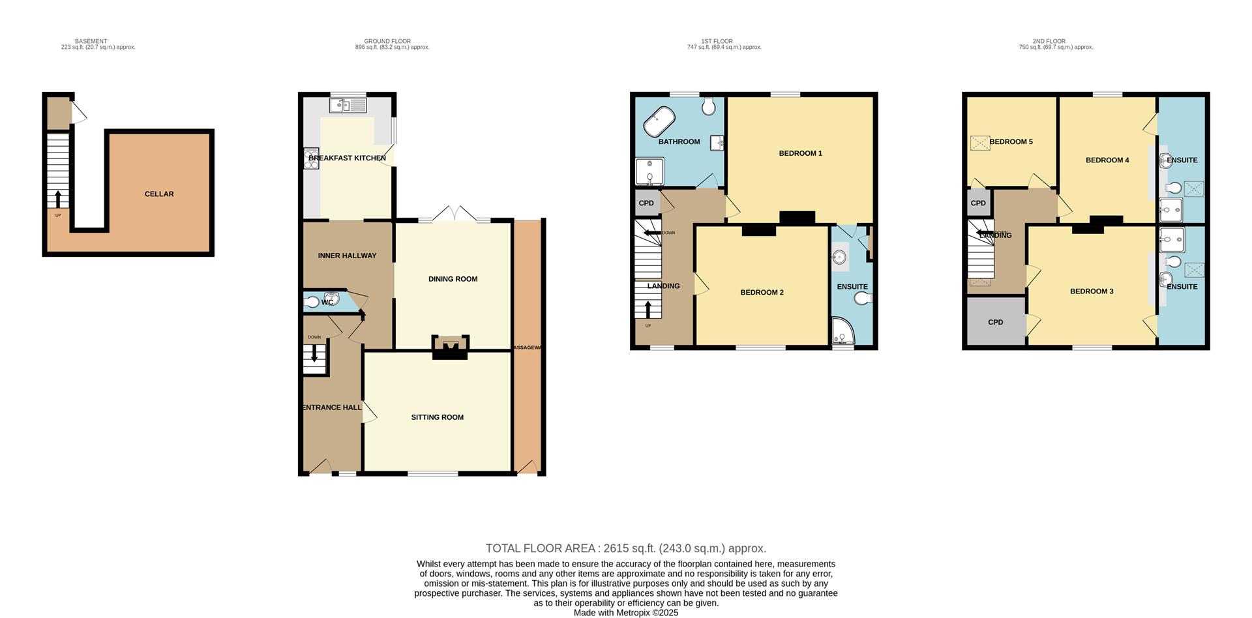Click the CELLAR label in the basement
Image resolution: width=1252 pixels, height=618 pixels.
pyautogui.click(x=159, y=194)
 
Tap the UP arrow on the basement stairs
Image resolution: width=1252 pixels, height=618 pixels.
pyautogui.click(x=58, y=198)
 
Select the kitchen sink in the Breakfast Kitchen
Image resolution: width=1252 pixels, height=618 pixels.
pyautogui.click(x=349, y=104)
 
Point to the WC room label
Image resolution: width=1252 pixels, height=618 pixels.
pyautogui.click(x=327, y=302)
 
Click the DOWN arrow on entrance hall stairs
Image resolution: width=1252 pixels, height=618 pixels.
pyautogui.click(x=315, y=353)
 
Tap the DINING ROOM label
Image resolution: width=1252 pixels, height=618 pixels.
pyautogui.click(x=453, y=279)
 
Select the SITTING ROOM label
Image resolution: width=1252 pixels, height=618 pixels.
pyautogui.click(x=437, y=417)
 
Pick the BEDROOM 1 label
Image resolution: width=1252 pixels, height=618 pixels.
pyautogui.click(x=800, y=153)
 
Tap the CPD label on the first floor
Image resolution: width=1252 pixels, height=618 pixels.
pyautogui.click(x=646, y=203)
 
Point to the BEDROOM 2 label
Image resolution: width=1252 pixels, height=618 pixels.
pyautogui.click(x=762, y=293)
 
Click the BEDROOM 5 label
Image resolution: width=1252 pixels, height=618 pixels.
pyautogui.click(x=1011, y=141)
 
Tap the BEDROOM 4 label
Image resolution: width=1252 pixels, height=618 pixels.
pyautogui.click(x=1107, y=160)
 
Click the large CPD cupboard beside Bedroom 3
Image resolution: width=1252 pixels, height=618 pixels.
pyautogui.click(x=995, y=322)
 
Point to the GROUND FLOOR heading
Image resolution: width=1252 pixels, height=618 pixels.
pyautogui.click(x=387, y=41)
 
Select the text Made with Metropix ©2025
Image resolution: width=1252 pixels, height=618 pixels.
pyautogui.click(x=625, y=613)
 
